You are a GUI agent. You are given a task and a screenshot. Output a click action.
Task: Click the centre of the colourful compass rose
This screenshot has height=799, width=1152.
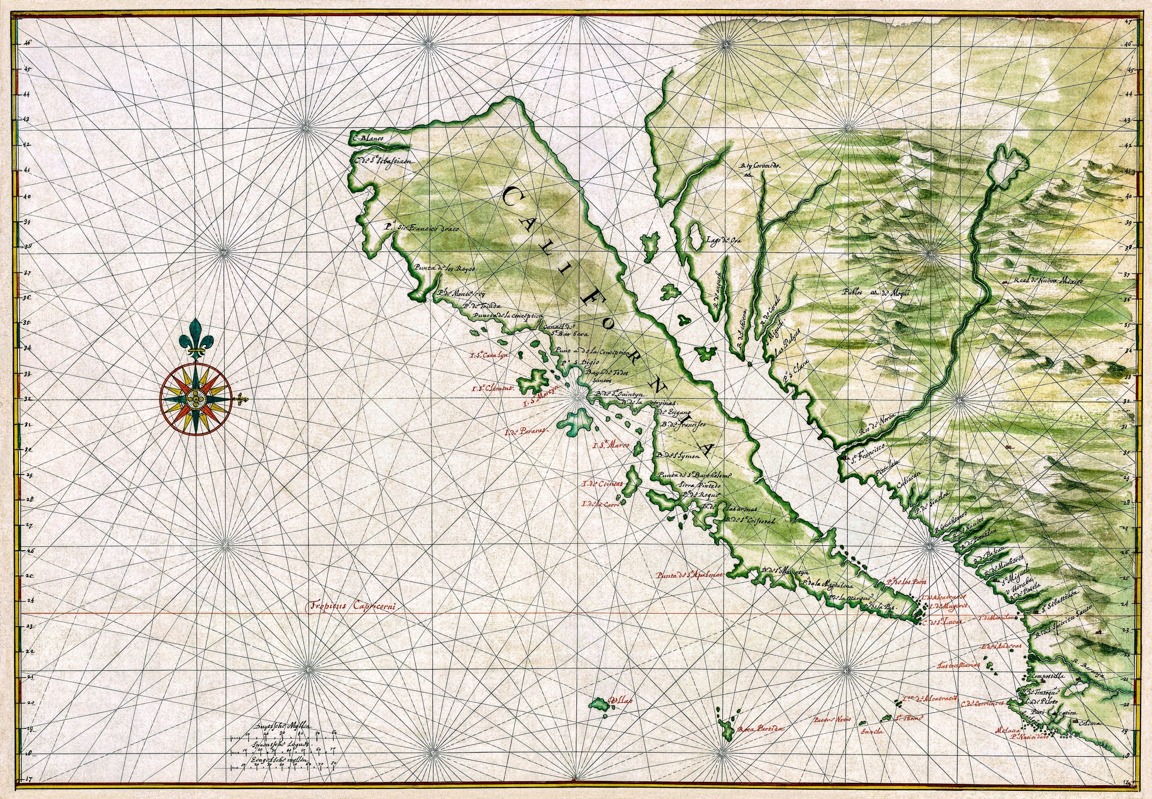pyautogui.click(x=195, y=399)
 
